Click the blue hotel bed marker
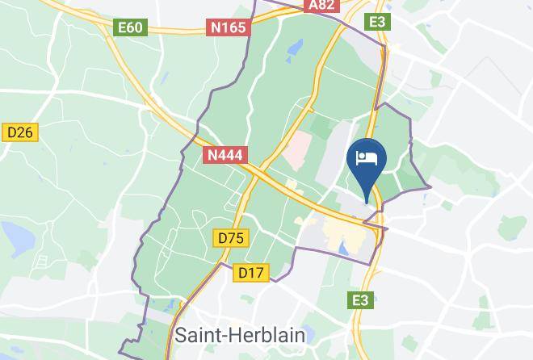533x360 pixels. coord(367,161)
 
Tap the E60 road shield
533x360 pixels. coord(130,27)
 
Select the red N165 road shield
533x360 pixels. coord(229,27)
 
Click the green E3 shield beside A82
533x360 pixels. coord(377,21)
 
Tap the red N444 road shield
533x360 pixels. coord(225,153)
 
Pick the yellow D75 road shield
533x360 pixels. coord(231,238)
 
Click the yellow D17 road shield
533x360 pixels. coord(251,273)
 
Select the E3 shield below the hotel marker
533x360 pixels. coord(361,300)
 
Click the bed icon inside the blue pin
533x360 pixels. coord(367,157)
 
